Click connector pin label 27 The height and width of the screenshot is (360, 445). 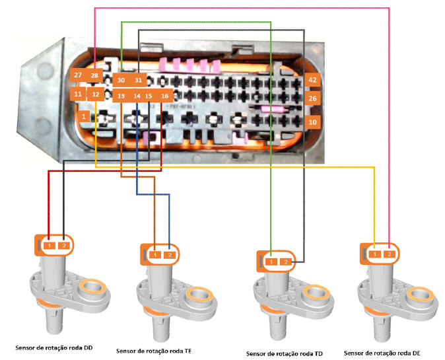[x=78, y=75]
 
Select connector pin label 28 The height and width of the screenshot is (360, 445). [x=94, y=75]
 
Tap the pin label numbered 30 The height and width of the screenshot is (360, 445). [x=121, y=80]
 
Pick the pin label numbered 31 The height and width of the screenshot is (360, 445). [x=138, y=80]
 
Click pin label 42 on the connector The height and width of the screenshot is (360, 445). [x=313, y=80]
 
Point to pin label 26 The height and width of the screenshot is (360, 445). [x=313, y=99]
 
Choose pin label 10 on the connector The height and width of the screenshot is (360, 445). [x=313, y=122]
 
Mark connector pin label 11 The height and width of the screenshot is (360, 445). [x=78, y=94]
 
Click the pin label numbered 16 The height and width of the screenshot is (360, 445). [x=164, y=96]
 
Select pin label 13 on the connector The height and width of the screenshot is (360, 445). [x=121, y=96]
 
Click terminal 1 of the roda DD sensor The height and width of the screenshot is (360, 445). [x=49, y=246]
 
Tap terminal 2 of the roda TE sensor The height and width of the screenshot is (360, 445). [x=169, y=254]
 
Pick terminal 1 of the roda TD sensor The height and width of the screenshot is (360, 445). [x=271, y=262]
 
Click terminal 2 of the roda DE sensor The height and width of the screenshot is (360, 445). [x=390, y=254]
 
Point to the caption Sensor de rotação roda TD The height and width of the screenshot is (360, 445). [x=285, y=353]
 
